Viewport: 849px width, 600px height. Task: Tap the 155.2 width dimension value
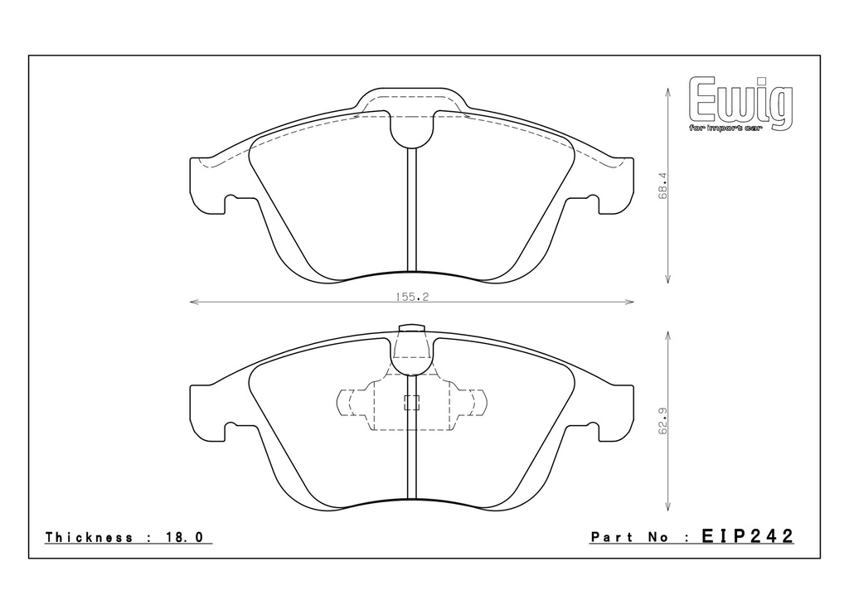(x=412, y=297)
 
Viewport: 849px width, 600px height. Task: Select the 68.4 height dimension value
(x=662, y=186)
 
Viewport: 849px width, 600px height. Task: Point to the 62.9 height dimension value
(x=662, y=420)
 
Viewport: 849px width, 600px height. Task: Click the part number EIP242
(x=748, y=536)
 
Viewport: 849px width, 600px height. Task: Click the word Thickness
(x=90, y=537)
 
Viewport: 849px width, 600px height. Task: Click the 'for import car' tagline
(x=725, y=128)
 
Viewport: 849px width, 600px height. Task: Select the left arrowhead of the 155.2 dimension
(x=194, y=302)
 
